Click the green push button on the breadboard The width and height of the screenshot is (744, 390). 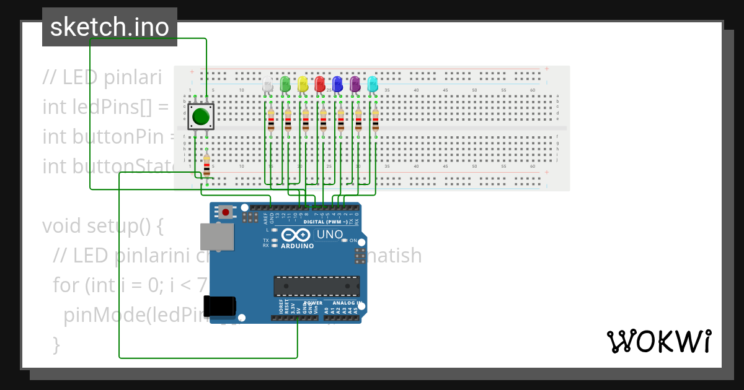[x=200, y=116]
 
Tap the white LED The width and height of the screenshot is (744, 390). [x=267, y=84]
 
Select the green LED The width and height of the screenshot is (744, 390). [x=285, y=84]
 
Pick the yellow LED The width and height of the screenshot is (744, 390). [x=303, y=84]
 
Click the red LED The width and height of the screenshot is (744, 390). [x=320, y=84]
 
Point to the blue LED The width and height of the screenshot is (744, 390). [x=337, y=84]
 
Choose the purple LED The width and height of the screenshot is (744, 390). [x=355, y=84]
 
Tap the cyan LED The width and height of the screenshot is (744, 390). [x=373, y=84]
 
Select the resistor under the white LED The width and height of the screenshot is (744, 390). [x=270, y=121]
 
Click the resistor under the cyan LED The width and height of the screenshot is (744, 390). [x=375, y=121]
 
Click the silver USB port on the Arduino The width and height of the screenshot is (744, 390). [x=217, y=236]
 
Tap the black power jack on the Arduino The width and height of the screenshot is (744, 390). [x=221, y=306]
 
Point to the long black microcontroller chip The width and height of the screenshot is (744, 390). [x=317, y=287]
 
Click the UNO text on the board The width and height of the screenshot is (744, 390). [x=329, y=235]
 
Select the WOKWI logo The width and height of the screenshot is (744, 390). [x=658, y=341]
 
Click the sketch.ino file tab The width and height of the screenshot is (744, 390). [x=110, y=27]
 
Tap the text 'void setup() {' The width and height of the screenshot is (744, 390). [x=102, y=226]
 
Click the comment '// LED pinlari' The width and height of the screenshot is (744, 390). [x=102, y=77]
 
